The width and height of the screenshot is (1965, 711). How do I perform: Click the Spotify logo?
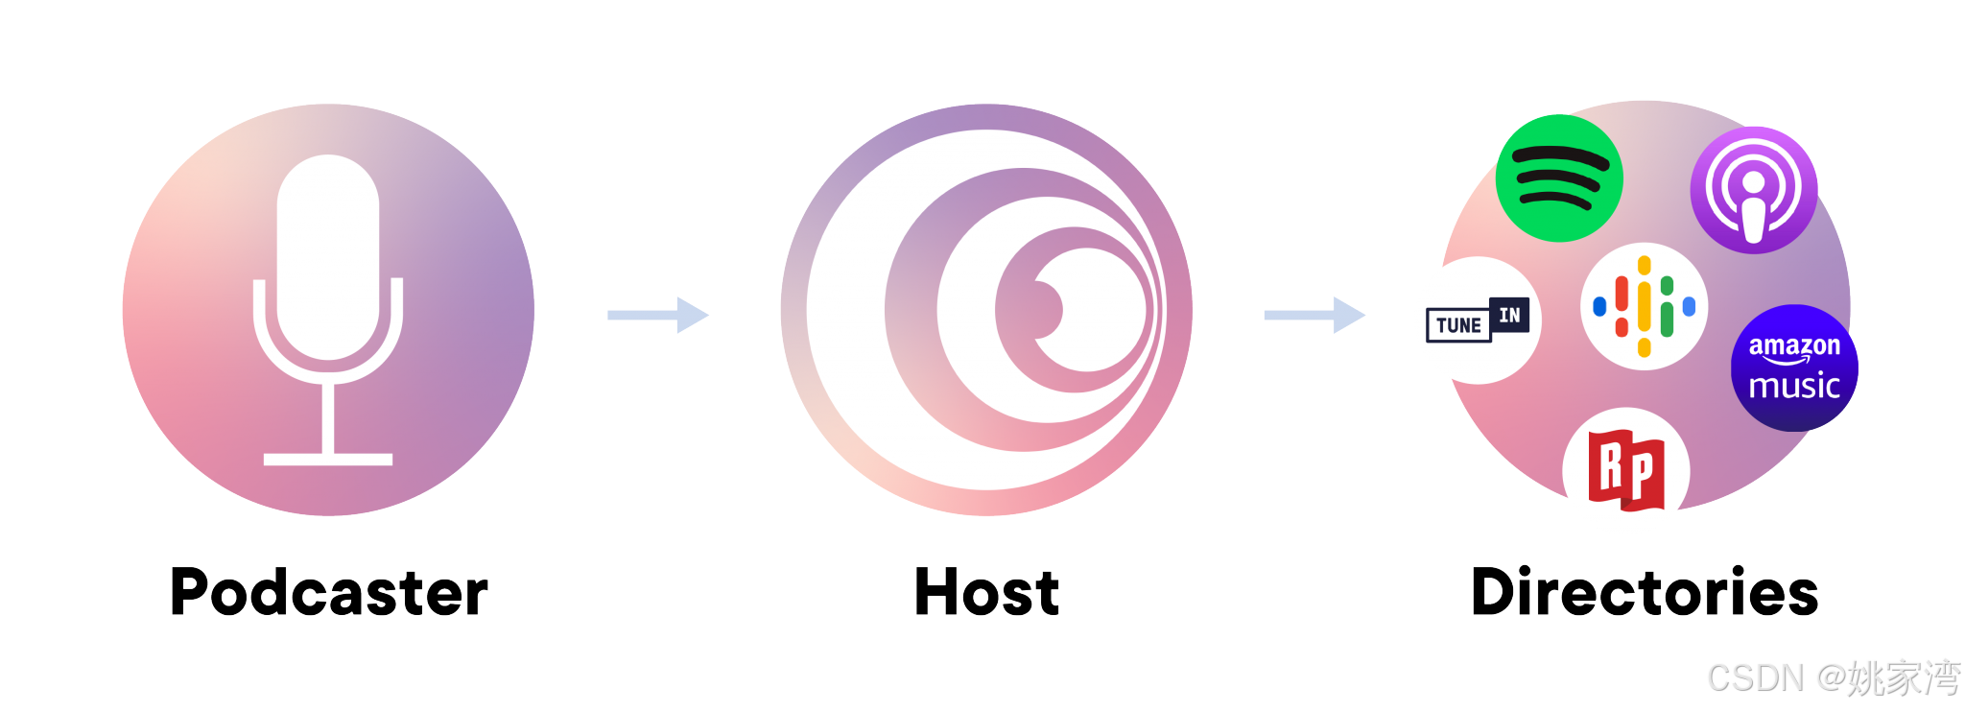[1559, 178]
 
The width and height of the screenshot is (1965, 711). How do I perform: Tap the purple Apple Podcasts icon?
[1753, 190]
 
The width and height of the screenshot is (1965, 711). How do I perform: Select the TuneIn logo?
[1477, 320]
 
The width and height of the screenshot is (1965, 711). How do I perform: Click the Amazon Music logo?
[1794, 367]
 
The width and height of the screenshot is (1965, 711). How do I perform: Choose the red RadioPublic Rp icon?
[1625, 471]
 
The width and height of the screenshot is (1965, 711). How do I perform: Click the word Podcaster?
[329, 592]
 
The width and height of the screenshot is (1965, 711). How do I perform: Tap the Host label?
[987, 592]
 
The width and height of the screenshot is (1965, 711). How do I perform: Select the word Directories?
[1645, 592]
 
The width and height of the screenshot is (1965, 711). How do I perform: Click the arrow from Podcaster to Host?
[658, 315]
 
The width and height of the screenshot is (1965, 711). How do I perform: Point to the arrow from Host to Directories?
[1314, 315]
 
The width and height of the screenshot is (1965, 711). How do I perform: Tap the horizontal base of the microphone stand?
[328, 460]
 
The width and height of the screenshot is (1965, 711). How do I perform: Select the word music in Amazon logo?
[1794, 386]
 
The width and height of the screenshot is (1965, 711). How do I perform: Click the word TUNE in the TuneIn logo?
[1458, 325]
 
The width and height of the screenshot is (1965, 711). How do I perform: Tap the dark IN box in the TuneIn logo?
[1509, 315]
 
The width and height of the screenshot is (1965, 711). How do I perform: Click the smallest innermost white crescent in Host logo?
[1094, 309]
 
